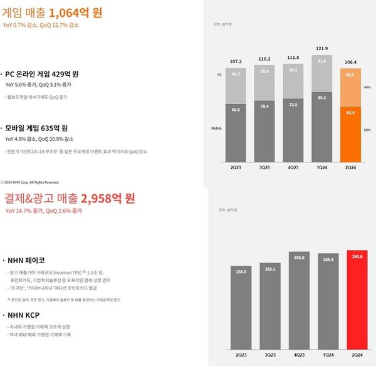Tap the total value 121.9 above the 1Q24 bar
pyautogui.click(x=320, y=49)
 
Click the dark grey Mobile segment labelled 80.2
pyautogui.click(x=320, y=115)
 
